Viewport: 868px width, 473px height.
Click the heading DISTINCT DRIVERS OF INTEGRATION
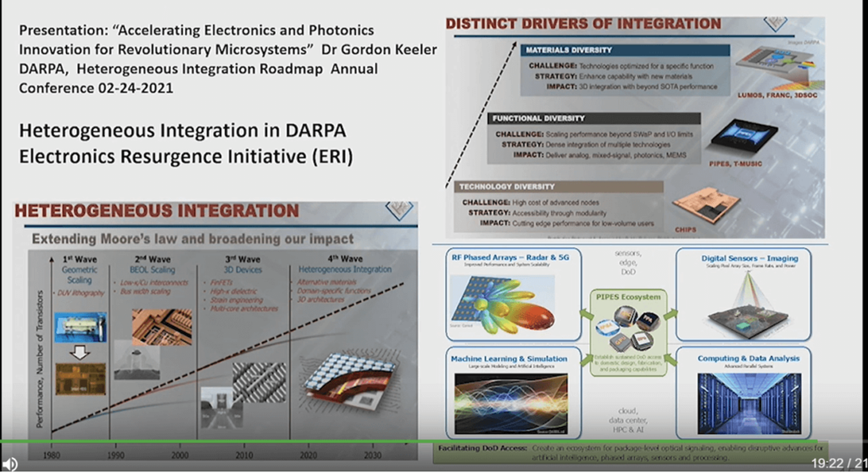583,23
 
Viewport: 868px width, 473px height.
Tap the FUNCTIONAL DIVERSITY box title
538,118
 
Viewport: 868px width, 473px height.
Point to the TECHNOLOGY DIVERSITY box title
506,186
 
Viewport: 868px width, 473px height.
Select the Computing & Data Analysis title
748,359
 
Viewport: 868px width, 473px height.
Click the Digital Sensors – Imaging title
748,258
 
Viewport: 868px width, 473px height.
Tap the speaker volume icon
10,463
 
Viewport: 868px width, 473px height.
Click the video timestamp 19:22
827,463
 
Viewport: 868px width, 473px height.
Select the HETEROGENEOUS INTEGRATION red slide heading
158,210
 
